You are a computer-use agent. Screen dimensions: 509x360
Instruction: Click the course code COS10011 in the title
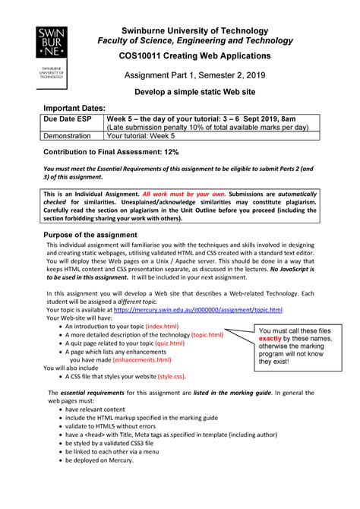click(146, 56)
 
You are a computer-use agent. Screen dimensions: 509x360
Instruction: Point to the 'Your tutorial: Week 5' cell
click(141, 137)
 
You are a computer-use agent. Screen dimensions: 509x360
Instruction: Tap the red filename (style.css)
click(174, 376)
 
